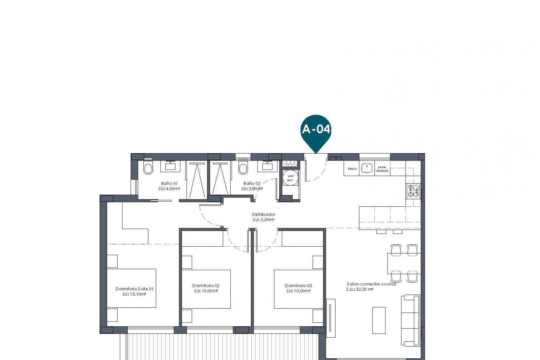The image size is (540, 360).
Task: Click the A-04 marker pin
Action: [316, 130]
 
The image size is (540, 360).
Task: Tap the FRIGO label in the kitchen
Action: [352, 169]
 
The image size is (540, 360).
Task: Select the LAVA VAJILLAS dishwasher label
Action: [382, 169]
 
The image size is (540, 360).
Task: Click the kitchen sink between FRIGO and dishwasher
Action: [367, 169]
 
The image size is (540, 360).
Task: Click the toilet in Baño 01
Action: [148, 169]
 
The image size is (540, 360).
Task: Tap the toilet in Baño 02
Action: [243, 169]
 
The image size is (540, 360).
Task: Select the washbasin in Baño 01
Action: [170, 166]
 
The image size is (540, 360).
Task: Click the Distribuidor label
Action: [264, 215]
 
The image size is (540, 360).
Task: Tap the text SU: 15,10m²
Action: [134, 294]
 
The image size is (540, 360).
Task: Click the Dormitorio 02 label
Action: [206, 286]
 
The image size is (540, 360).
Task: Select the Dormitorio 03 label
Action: [298, 286]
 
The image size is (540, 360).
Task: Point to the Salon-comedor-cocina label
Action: [371, 284]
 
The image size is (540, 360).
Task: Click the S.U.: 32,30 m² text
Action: [360, 289]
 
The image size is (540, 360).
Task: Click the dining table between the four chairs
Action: [404, 263]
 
